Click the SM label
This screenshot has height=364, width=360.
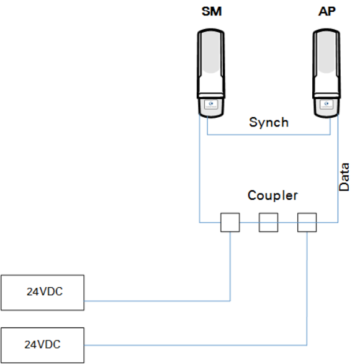212,11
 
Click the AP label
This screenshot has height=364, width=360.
326,11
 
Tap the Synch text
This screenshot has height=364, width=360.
269,122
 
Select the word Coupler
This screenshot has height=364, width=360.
272,195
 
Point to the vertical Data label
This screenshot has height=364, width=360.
344,177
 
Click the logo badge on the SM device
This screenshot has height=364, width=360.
211,104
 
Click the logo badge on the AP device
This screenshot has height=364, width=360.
326,104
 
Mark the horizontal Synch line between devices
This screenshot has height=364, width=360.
269,135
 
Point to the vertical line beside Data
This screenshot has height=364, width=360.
338,169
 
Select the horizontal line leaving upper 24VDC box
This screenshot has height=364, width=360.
157,301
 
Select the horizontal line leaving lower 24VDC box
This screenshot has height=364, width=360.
196,345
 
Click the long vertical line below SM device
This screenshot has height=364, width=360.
199,169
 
